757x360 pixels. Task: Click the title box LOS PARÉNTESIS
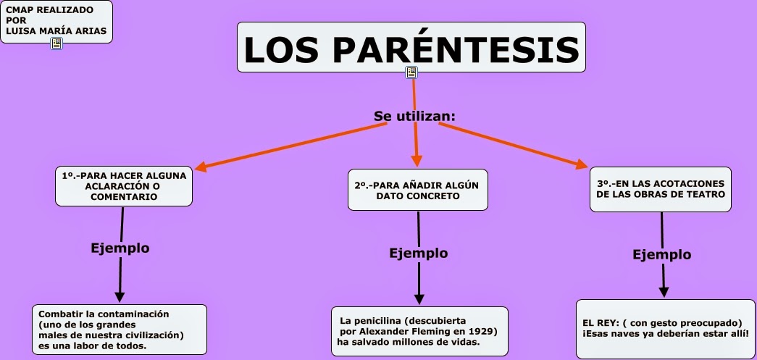(411, 48)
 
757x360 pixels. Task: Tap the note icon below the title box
(411, 72)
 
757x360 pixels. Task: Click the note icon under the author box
(57, 44)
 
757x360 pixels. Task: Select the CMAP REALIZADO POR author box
(57, 21)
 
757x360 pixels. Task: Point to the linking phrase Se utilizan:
(414, 116)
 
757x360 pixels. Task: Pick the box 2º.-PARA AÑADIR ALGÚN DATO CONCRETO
(417, 190)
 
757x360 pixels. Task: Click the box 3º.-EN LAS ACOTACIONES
(660, 189)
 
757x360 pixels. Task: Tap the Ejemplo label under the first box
(120, 248)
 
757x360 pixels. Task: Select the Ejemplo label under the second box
(419, 254)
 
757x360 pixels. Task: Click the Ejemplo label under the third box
(661, 254)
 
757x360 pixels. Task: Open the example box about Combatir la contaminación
(120, 330)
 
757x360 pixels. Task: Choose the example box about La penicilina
(419, 331)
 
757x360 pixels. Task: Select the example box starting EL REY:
(664, 328)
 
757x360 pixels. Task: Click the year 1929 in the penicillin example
(482, 331)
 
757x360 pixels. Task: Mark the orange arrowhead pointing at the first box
(201, 167)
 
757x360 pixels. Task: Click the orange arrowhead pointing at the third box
(582, 165)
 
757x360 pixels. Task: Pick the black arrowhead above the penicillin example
(419, 298)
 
